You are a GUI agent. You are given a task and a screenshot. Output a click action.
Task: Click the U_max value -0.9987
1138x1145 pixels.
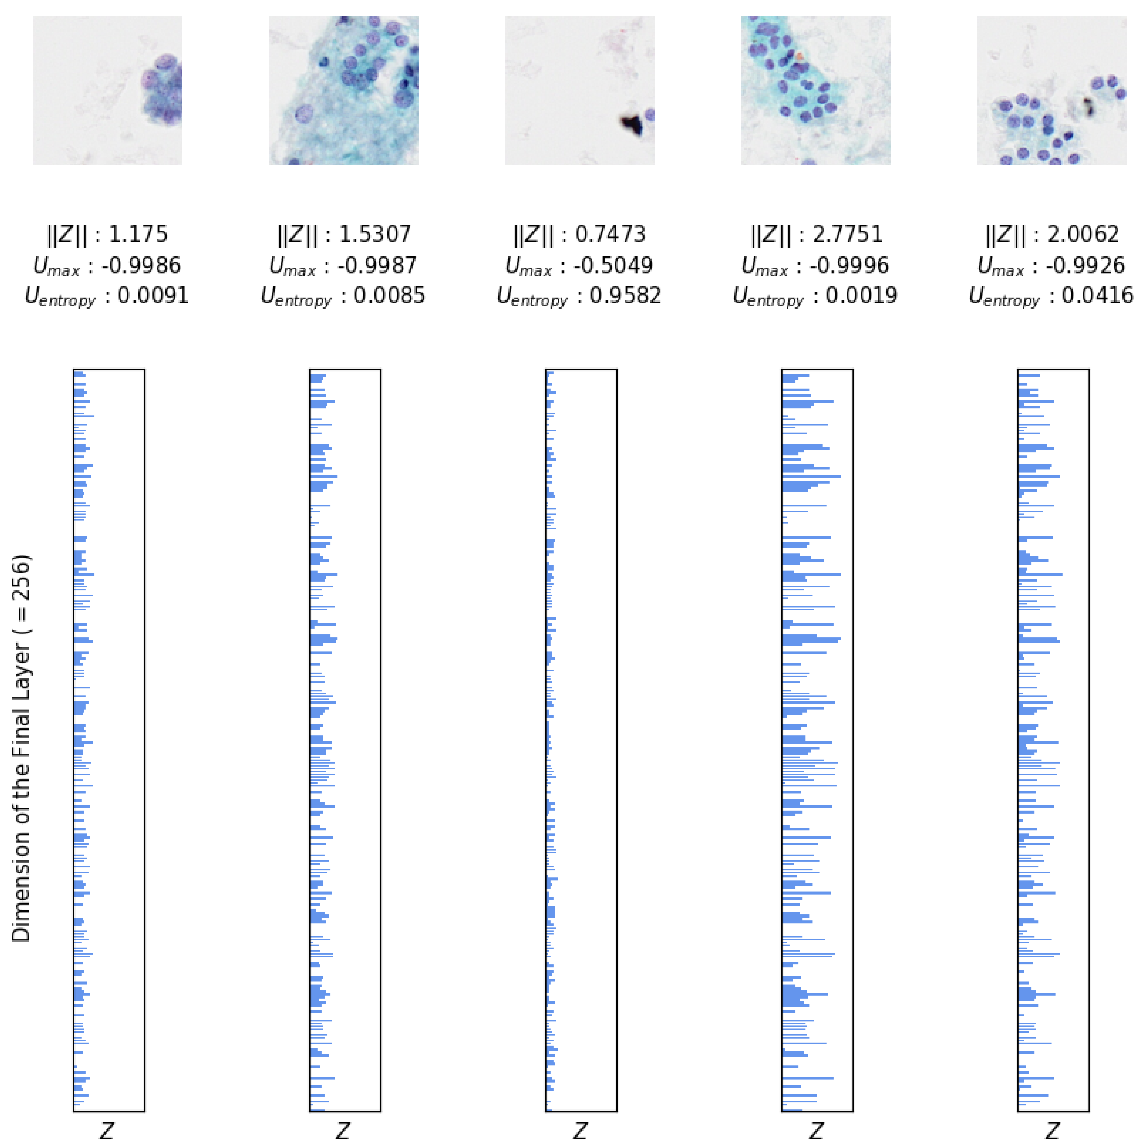point(377,266)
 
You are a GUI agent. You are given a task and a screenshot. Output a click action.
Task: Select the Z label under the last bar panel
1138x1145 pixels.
point(1052,1131)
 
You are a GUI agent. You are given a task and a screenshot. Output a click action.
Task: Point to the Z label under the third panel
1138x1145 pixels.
point(580,1131)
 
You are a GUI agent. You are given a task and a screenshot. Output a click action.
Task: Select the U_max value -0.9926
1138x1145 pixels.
point(1085,266)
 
